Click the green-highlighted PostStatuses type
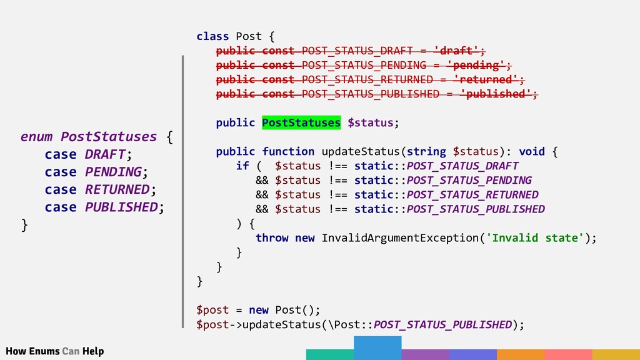tap(301, 122)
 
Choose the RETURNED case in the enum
tap(117, 189)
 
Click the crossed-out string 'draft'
tap(458, 51)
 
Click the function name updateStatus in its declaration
tap(360, 151)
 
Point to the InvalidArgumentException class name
tap(400, 237)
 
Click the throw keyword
tap(272, 237)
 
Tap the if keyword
tap(242, 166)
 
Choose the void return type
tap(532, 151)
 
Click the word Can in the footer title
tap(71, 351)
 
